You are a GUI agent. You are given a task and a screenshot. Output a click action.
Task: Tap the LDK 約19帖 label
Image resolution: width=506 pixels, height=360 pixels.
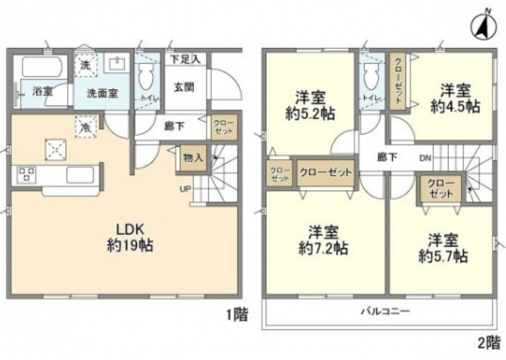[129, 237]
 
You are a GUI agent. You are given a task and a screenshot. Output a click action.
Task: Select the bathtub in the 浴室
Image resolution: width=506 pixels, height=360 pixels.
[40, 65]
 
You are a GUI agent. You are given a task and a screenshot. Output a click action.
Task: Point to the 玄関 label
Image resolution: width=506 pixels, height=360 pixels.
[184, 86]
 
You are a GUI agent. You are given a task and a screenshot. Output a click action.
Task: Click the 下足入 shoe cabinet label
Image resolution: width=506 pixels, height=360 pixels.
[186, 59]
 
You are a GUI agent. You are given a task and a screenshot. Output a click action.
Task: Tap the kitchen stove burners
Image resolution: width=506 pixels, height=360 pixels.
[27, 174]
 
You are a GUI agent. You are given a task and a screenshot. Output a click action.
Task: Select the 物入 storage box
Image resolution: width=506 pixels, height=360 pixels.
[192, 157]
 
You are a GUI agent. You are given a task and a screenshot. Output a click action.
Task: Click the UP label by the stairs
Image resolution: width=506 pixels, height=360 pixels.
[186, 189]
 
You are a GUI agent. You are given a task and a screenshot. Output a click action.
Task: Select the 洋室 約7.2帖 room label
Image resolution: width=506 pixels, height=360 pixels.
[322, 240]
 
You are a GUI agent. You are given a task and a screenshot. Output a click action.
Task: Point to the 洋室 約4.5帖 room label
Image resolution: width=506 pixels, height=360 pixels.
[455, 98]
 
